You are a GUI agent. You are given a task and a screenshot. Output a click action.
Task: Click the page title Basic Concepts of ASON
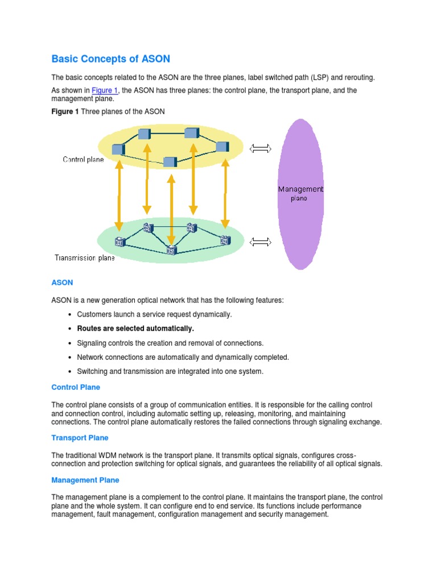(x=110, y=59)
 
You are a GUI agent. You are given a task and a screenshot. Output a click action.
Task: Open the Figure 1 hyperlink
(x=105, y=91)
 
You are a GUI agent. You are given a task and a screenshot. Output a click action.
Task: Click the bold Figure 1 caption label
(x=65, y=111)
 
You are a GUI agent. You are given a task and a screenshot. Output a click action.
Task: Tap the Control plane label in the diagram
(x=83, y=160)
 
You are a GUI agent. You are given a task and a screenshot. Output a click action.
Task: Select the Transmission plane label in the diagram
(x=84, y=258)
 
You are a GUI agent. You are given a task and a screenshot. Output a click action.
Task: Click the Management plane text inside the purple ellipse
(x=300, y=193)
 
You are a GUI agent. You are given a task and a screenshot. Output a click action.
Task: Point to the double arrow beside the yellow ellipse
(x=261, y=149)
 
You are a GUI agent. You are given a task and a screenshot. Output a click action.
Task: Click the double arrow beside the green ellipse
(x=261, y=242)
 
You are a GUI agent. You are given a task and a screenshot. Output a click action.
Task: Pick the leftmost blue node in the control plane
(x=118, y=149)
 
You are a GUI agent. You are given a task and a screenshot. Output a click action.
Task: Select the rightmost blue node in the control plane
(x=222, y=146)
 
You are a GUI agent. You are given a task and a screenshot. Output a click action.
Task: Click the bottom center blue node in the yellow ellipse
(x=170, y=162)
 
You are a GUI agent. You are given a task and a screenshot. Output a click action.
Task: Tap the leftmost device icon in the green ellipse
(x=119, y=242)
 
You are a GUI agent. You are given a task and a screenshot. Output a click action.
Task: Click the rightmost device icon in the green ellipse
(x=226, y=240)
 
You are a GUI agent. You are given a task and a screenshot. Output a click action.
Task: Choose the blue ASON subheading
(x=62, y=282)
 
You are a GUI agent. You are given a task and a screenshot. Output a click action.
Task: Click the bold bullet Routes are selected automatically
(x=135, y=329)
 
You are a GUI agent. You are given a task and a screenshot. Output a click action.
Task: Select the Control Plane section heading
(x=76, y=387)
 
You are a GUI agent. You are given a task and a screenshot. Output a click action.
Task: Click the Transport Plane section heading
(x=80, y=438)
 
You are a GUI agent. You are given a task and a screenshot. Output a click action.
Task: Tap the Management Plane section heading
(x=85, y=480)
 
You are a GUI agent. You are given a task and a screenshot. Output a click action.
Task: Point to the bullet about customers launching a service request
(x=154, y=314)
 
